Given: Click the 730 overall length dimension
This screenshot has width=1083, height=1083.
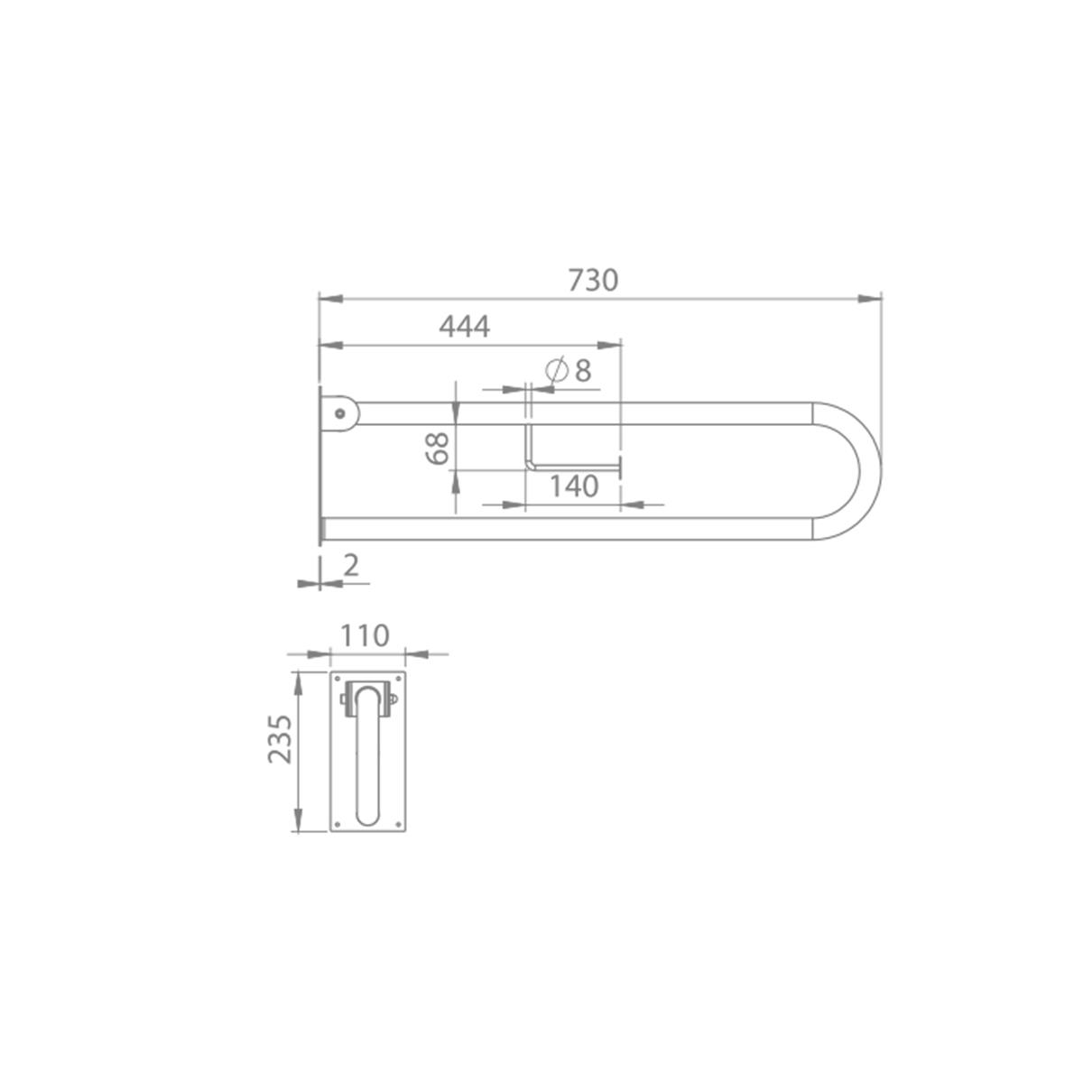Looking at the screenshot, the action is pos(593,279).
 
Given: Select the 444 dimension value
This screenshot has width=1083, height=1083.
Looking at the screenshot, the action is pos(464,326).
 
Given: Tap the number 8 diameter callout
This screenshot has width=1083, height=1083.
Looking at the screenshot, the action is pos(583,371).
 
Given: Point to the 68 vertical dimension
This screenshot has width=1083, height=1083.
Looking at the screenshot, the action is pos(437,448).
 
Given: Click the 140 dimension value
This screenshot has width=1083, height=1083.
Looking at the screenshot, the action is pos(574,486).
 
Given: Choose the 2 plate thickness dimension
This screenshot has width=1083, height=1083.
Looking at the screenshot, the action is pos(351,565).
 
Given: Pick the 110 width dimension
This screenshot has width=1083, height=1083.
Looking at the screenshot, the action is pos(365,636).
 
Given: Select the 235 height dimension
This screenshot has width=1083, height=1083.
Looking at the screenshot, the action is pos(280,739).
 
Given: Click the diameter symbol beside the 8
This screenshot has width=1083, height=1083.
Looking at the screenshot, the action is pos(557,371).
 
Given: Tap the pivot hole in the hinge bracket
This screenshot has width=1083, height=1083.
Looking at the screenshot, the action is pos(339,413).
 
